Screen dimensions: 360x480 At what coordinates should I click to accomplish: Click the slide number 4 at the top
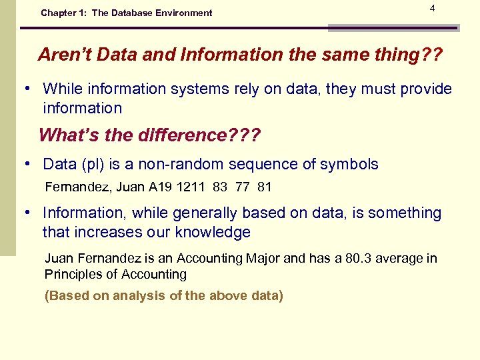click(433, 8)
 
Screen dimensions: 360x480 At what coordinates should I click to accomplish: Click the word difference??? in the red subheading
click(198, 135)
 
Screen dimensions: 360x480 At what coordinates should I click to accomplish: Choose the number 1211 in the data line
click(192, 187)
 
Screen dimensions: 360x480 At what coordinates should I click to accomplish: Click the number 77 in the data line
click(242, 187)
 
